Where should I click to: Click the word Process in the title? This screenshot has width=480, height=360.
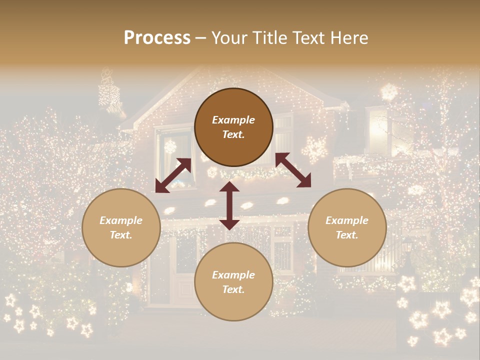157,38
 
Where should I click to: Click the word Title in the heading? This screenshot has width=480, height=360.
270,38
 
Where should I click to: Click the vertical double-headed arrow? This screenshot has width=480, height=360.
229,205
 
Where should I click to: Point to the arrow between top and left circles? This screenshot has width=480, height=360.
173,175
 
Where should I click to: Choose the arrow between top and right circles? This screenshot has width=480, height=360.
293,170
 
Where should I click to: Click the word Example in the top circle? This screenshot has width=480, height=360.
233,120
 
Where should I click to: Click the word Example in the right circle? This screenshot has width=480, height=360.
347,220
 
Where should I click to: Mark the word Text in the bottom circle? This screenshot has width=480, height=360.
233,289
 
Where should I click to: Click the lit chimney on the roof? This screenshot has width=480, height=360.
109,92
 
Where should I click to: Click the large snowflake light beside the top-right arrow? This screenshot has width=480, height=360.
315,149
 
